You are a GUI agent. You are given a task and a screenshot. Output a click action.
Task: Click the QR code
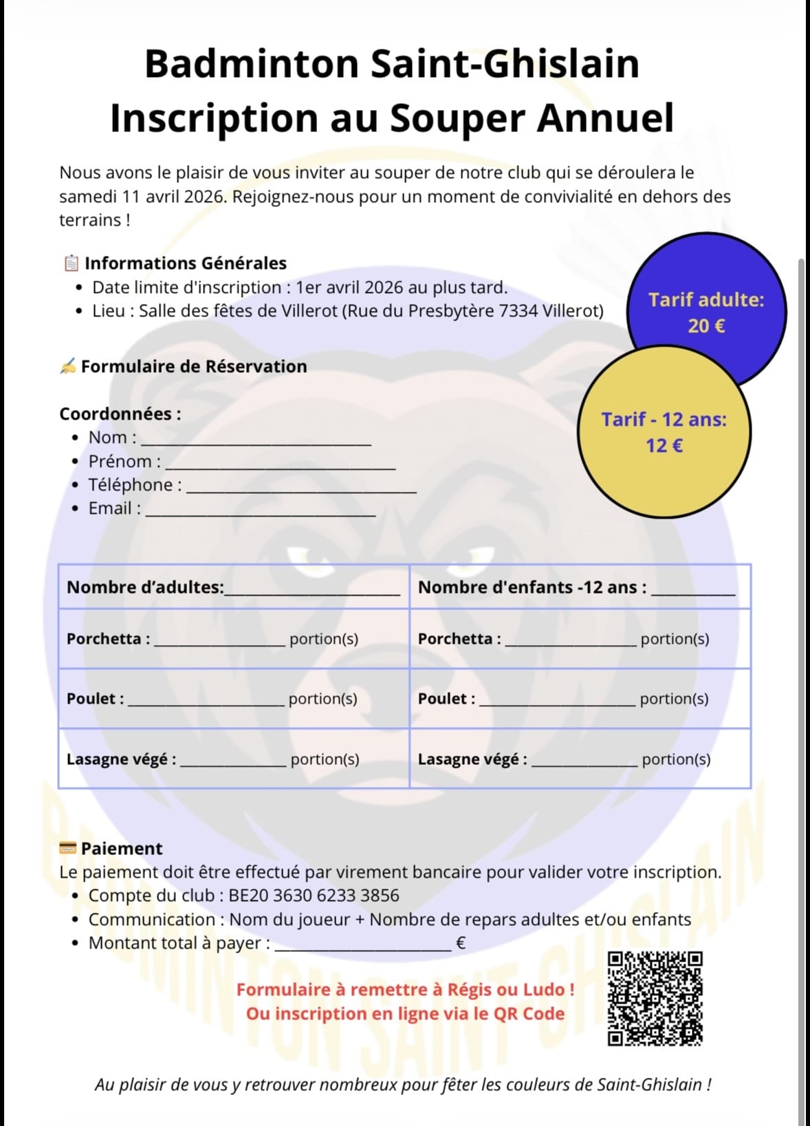click(x=655, y=998)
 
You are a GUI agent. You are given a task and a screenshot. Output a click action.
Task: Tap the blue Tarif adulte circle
click(x=706, y=312)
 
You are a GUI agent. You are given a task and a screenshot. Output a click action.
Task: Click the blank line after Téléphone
click(x=301, y=488)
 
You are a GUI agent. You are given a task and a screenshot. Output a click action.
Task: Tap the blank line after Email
click(x=260, y=512)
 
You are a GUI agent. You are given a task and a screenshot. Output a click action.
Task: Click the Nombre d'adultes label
click(x=145, y=587)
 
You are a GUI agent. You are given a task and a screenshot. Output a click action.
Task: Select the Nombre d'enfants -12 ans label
click(x=532, y=587)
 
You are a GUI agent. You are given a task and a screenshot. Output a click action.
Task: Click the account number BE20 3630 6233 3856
click(x=314, y=896)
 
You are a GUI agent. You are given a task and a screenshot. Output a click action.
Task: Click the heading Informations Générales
click(x=185, y=263)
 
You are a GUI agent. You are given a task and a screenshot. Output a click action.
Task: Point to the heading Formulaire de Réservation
click(x=193, y=367)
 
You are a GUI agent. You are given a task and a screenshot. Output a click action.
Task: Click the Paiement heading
click(x=121, y=849)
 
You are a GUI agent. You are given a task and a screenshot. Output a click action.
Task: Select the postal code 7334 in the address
click(x=518, y=311)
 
